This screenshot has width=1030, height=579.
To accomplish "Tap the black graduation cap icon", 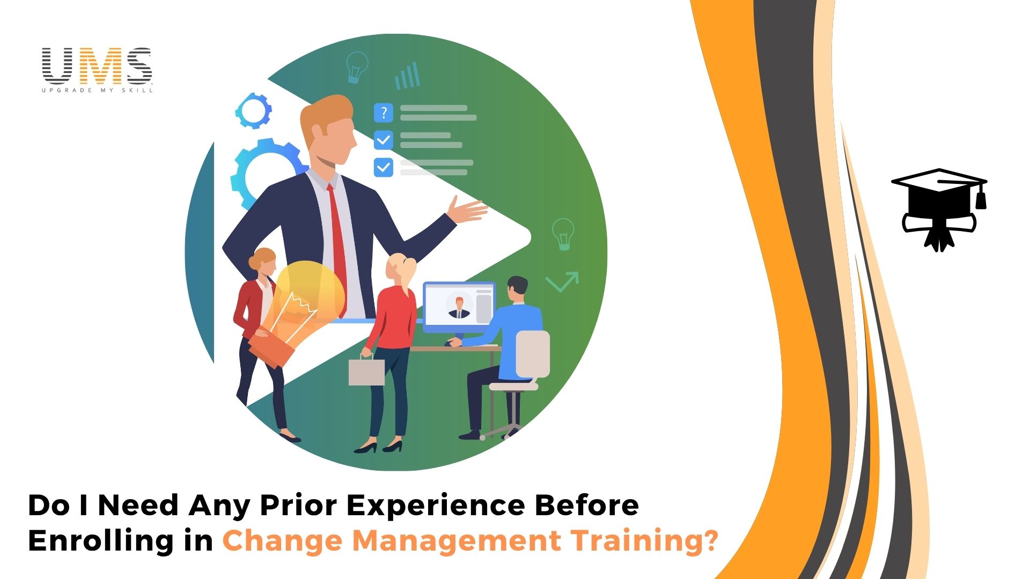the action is [939, 210].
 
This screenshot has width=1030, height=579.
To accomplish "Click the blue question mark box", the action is [383, 113].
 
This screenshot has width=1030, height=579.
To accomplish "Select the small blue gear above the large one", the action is [253, 110].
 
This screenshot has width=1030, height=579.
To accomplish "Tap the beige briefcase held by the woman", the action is [366, 371].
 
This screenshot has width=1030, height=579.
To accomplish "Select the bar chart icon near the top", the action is [407, 76].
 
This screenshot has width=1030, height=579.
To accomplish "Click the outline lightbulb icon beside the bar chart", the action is [357, 68].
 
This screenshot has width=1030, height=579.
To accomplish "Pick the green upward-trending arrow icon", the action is [562, 281].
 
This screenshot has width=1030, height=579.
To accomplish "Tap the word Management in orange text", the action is [456, 541].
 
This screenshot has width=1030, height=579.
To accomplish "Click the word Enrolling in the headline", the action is [101, 540].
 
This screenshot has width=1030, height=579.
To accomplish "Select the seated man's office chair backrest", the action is [533, 354].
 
